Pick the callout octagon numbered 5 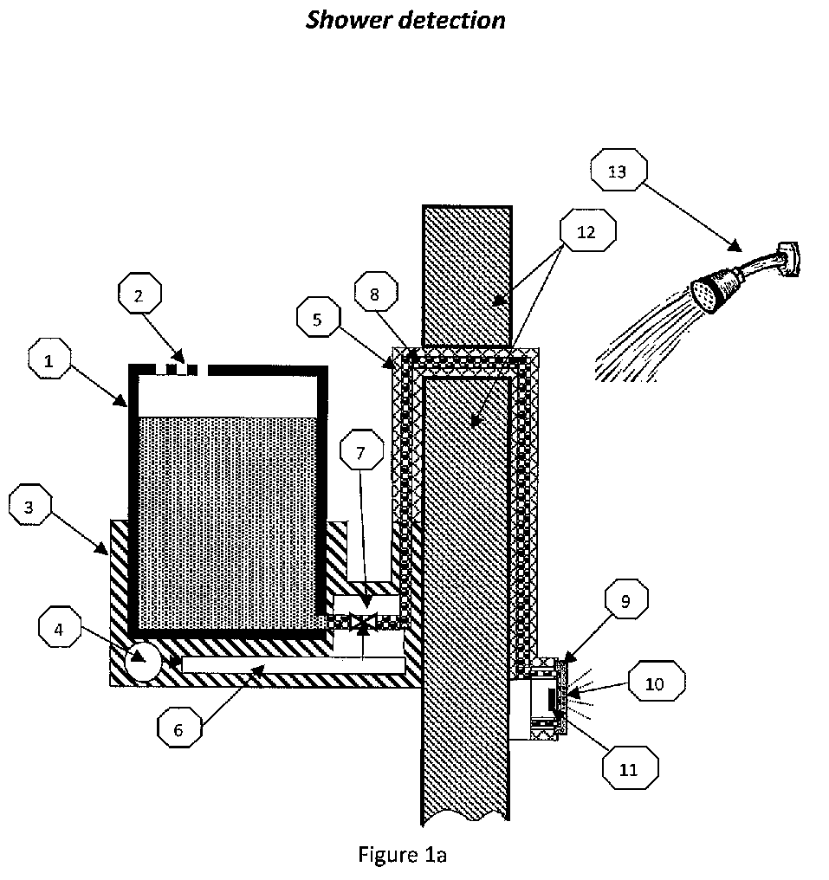click(318, 317)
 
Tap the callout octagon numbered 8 click(376, 292)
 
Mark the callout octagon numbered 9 click(626, 599)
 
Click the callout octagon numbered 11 click(631, 767)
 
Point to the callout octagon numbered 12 click(587, 230)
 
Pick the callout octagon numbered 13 click(619, 170)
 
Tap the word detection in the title click(452, 20)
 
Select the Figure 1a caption click(402, 854)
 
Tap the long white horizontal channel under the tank click(293, 664)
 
